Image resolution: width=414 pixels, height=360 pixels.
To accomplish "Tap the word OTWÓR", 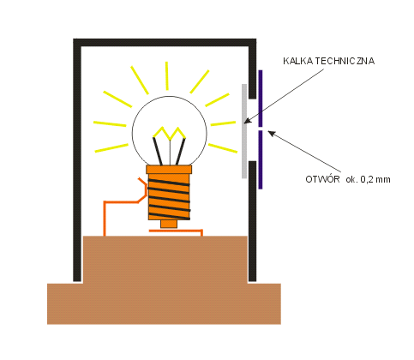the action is (x=322, y=179).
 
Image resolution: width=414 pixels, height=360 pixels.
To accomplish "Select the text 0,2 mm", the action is (x=375, y=179).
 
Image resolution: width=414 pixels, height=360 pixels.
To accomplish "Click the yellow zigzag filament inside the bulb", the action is (x=170, y=133).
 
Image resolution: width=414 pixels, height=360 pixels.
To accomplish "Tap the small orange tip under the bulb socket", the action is (x=169, y=224).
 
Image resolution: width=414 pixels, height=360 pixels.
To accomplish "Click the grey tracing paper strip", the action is (x=244, y=131).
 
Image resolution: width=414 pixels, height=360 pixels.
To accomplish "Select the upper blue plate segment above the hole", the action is (x=261, y=99).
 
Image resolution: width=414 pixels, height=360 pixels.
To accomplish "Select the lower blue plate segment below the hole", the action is (x=261, y=159).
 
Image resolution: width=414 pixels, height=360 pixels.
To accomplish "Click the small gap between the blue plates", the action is (x=261, y=129).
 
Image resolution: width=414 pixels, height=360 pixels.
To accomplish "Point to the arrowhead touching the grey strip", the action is (x=248, y=121).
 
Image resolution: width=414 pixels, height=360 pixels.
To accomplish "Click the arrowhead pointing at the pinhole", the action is (x=272, y=133).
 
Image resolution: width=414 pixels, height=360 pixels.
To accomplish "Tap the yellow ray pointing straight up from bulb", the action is (x=167, y=75).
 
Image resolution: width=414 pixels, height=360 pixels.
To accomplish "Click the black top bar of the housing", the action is (x=165, y=42).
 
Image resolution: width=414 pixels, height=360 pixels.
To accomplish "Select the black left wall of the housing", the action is (x=77, y=160).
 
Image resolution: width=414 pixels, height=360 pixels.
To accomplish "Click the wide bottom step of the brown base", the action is (x=164, y=303).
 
